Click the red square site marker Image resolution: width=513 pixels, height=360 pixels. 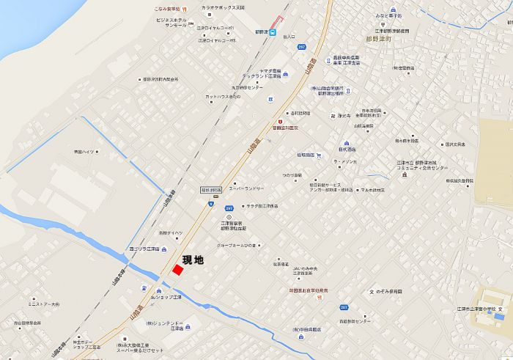(x=177, y=269)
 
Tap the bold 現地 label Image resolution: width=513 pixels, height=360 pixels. (x=193, y=260)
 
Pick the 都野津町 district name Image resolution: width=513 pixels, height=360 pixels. (x=379, y=40)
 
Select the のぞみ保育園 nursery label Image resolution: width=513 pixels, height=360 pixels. (x=389, y=292)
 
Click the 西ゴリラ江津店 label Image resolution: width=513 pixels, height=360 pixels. (x=144, y=249)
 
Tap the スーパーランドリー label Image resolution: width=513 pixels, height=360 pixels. (x=246, y=188)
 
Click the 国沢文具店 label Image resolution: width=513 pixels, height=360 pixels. (x=455, y=144)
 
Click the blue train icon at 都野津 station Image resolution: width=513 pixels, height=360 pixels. (x=273, y=32)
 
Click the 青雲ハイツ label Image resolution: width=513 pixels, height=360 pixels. (x=84, y=152)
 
